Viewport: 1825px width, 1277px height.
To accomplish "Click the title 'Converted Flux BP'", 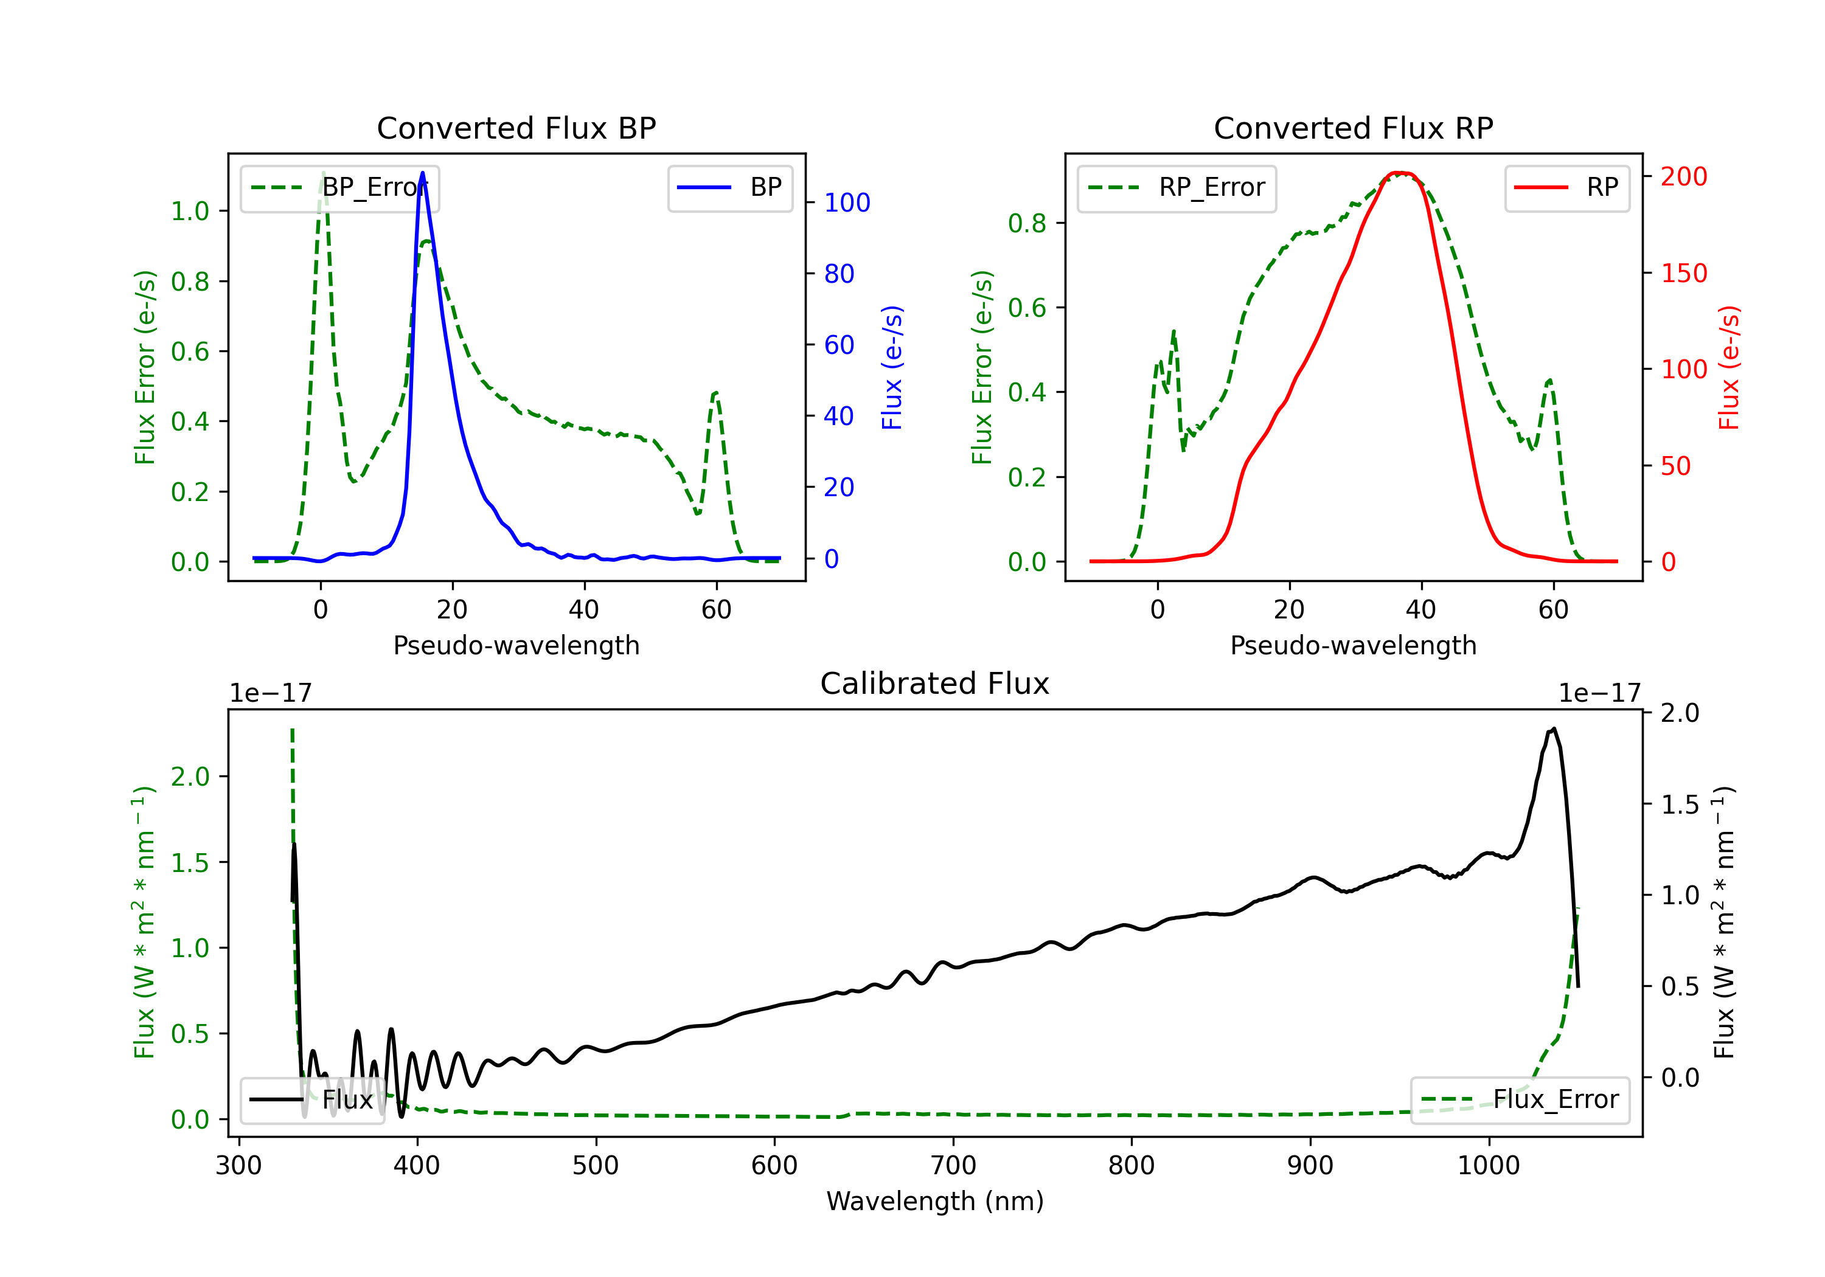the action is [x=516, y=128].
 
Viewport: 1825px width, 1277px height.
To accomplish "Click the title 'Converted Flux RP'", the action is [x=1353, y=128].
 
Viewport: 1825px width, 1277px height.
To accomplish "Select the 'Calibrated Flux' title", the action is [x=935, y=683].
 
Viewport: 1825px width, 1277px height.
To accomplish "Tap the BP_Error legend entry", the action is [x=339, y=187].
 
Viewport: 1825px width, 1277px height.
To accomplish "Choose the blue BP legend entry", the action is [x=729, y=187].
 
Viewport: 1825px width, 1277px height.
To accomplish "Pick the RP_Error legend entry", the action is [x=1177, y=187].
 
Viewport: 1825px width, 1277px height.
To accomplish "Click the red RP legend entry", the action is [x=1566, y=187].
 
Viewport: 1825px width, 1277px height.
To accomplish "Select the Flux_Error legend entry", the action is [x=1520, y=1100].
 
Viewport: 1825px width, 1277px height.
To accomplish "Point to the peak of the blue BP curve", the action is [x=422, y=173].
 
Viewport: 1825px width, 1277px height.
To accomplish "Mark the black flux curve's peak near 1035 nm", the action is [x=1553, y=728].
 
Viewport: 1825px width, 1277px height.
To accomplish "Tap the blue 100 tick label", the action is [x=847, y=202].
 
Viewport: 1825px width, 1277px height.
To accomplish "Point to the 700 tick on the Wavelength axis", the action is [x=953, y=1166].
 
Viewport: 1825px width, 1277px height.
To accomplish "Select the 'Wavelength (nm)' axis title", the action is [x=935, y=1201].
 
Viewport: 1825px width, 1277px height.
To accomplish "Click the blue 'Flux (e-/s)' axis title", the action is [x=892, y=367].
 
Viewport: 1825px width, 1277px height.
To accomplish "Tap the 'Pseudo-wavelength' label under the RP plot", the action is [x=1353, y=645].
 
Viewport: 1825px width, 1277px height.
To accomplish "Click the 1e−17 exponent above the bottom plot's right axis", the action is [x=1599, y=694].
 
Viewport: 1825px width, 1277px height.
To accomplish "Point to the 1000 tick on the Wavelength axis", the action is [x=1489, y=1166].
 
